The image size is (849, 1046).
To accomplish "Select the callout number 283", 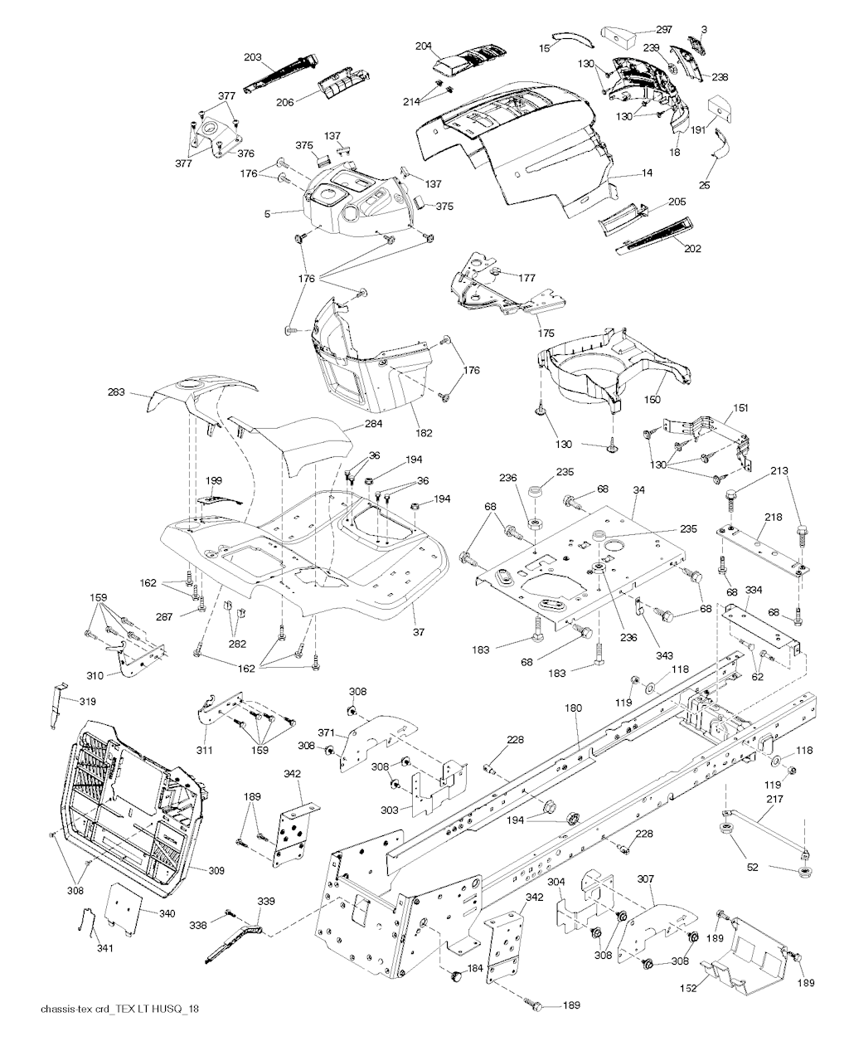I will tap(117, 392).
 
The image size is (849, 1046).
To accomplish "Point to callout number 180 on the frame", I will tap(573, 708).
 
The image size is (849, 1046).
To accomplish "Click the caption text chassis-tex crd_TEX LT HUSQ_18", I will tap(119, 1009).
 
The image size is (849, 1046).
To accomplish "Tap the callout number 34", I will tap(638, 491).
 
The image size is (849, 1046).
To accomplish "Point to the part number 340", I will tap(167, 913).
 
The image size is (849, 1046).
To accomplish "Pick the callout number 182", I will tap(424, 433).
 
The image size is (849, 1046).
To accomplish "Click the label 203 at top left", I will tap(253, 57).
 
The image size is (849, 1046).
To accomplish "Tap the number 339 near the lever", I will tap(265, 901).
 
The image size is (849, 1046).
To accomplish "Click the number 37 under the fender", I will tap(419, 632).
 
